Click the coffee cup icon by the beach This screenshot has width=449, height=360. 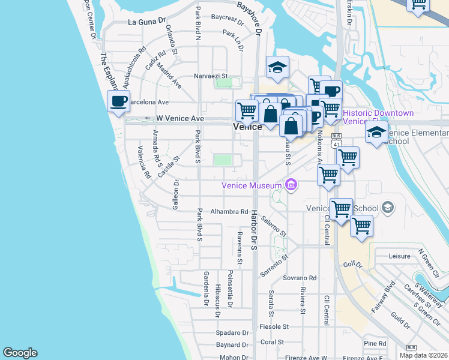tap(118, 100)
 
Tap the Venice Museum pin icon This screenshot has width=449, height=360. tap(292, 184)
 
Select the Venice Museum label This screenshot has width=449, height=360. tap(252, 185)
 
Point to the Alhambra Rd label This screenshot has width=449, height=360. tap(229, 212)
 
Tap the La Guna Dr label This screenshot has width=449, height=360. tap(146, 22)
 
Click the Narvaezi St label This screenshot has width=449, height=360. tap(211, 76)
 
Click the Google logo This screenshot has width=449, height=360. tap(20, 353)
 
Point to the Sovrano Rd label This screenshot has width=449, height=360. tap(300, 278)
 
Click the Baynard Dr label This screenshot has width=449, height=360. tap(233, 345)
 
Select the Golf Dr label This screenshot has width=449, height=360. tap(353, 264)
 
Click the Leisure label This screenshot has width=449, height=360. tap(399, 256)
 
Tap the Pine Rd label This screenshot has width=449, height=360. tap(375, 343)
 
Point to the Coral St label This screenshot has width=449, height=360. tap(272, 342)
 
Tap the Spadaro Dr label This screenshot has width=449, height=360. tap(232, 333)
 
